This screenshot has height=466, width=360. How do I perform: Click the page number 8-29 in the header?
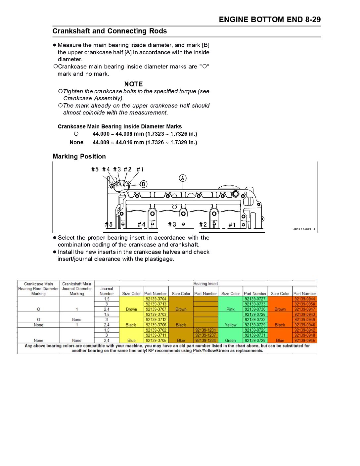[313, 20]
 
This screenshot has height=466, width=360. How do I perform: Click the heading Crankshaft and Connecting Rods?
[110, 31]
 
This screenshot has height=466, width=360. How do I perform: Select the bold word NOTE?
[133, 84]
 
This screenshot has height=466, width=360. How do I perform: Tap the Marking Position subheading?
[79, 157]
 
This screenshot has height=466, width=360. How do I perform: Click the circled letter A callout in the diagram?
[183, 178]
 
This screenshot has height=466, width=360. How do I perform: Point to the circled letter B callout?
[143, 184]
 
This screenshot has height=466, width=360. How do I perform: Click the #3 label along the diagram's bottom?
[172, 224]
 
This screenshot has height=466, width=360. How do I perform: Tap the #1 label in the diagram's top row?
[140, 169]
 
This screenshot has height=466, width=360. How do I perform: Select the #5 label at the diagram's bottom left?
[109, 224]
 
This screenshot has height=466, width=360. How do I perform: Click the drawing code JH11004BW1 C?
[304, 229]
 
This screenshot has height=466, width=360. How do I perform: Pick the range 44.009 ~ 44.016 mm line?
[145, 143]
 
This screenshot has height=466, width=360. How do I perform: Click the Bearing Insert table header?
[205, 284]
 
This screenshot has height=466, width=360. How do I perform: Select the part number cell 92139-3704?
[156, 299]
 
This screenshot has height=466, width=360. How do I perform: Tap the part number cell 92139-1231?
[205, 330]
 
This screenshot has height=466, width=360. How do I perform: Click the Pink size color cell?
[230, 309]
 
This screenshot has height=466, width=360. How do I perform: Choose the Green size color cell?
[230, 340]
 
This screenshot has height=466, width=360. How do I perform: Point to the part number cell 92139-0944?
[305, 299]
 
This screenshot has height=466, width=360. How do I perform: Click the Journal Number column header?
[107, 291]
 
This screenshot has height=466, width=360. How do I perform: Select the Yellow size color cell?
[230, 325]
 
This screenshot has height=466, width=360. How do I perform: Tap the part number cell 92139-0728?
[255, 340]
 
